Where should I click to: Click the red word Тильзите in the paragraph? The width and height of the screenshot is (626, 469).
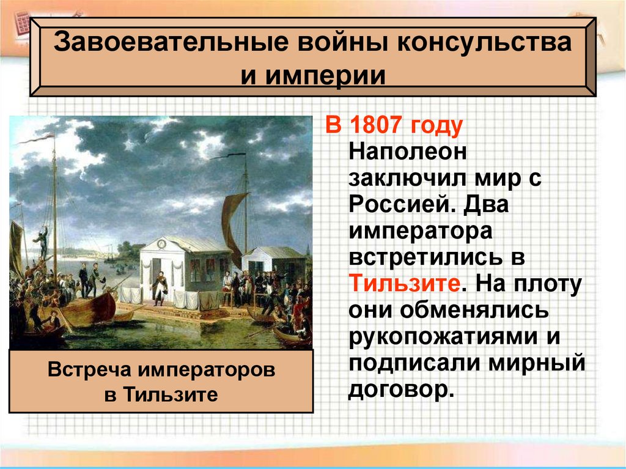tap(402, 284)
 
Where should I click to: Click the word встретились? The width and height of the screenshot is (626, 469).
tap(428, 257)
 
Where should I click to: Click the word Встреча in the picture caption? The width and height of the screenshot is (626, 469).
tap(91, 370)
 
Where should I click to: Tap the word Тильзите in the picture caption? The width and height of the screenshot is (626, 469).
tap(172, 394)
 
